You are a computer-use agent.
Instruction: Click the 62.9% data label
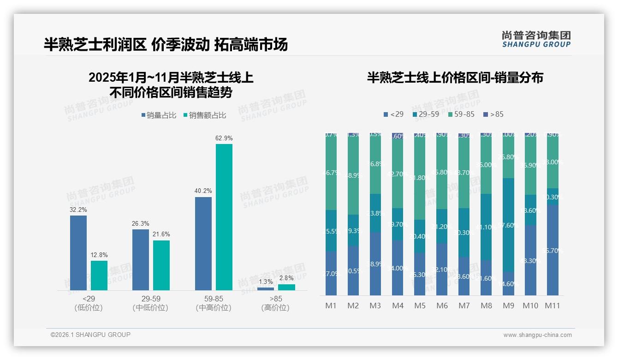click(224, 138)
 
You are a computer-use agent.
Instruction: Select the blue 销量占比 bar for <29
click(78, 253)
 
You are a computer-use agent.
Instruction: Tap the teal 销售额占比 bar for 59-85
click(224, 217)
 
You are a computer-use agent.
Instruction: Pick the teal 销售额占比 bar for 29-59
click(161, 265)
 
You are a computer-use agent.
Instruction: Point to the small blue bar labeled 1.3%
click(265, 289)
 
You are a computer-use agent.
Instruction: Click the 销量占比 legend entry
click(158, 115)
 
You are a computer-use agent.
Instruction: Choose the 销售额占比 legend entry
click(204, 115)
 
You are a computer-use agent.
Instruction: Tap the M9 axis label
click(508, 306)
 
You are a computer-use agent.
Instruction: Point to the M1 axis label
click(331, 306)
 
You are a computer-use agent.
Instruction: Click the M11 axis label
click(552, 306)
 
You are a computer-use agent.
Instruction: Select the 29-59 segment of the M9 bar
click(508, 225)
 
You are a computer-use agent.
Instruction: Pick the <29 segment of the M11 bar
click(552, 250)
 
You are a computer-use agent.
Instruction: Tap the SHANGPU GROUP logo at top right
click(536, 39)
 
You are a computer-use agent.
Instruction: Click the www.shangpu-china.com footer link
click(537, 335)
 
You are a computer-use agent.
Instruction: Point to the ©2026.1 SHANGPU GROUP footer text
click(90, 335)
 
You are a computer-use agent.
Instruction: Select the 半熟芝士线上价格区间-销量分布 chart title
click(455, 78)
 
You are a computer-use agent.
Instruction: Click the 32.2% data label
click(78, 210)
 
